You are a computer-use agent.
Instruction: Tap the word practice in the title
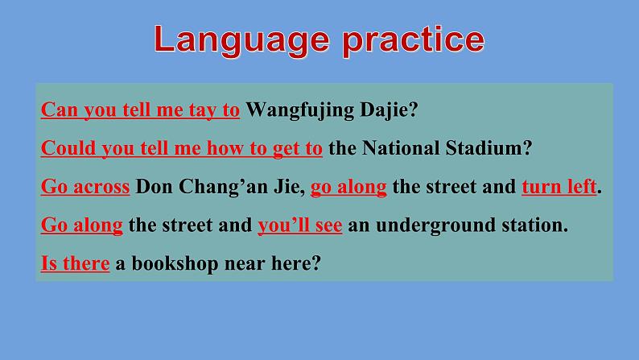413,40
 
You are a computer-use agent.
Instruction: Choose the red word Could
64,148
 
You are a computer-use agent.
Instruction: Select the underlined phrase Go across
85,187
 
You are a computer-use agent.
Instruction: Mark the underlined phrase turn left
559,187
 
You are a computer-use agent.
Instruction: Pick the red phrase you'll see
300,226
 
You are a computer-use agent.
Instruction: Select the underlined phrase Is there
75,263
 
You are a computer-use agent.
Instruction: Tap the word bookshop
170,263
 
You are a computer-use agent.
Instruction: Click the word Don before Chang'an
152,187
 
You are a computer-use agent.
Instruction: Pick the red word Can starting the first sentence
56,110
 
